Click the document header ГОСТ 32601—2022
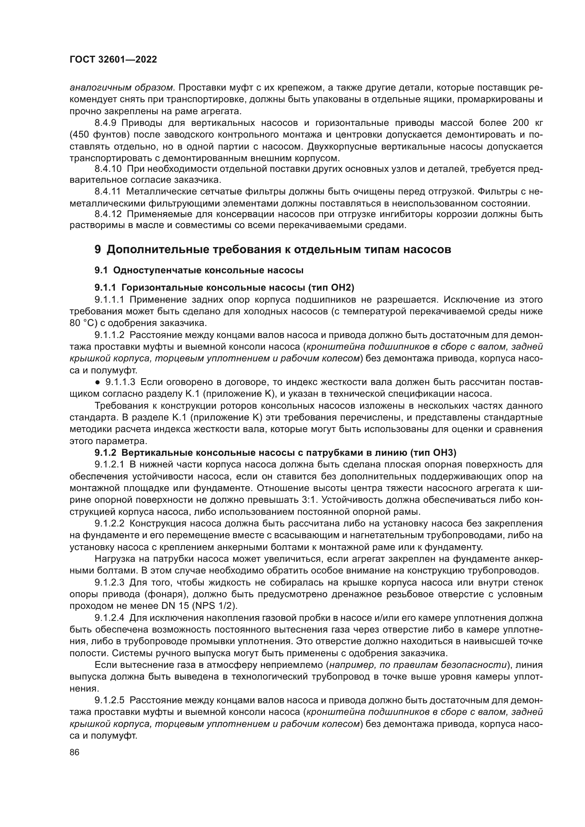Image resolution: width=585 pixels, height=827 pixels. tap(113, 60)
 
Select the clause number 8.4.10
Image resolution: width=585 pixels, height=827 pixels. tap(108, 169)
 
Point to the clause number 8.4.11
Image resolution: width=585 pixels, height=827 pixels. tap(108, 191)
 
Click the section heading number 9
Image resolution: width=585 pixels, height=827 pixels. tap(98, 250)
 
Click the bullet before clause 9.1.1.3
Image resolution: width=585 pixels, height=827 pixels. tap(98, 382)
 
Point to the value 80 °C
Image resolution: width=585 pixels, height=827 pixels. tap(81, 323)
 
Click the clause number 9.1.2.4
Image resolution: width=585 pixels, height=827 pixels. tap(110, 618)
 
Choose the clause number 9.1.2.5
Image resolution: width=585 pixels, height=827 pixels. tap(110, 700)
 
